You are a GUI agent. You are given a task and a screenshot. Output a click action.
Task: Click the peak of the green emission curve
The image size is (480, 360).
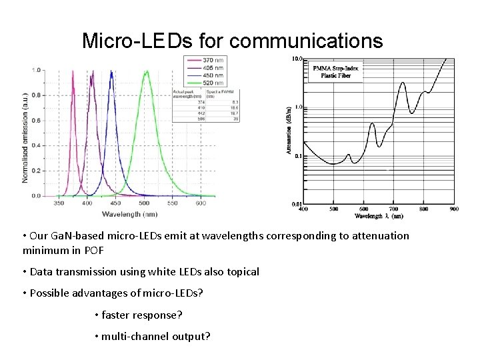click(146, 71)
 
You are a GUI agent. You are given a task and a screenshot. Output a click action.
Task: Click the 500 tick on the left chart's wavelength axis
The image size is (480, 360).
click(144, 203)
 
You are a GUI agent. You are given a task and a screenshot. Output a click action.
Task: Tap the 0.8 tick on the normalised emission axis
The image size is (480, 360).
click(36, 95)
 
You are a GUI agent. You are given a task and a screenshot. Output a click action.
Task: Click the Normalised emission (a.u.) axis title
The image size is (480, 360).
click(25, 137)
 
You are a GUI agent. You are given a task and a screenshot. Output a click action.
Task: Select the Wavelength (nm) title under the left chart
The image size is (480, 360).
click(129, 214)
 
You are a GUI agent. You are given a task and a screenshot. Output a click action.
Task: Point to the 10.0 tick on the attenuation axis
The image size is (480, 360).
click(297, 59)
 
